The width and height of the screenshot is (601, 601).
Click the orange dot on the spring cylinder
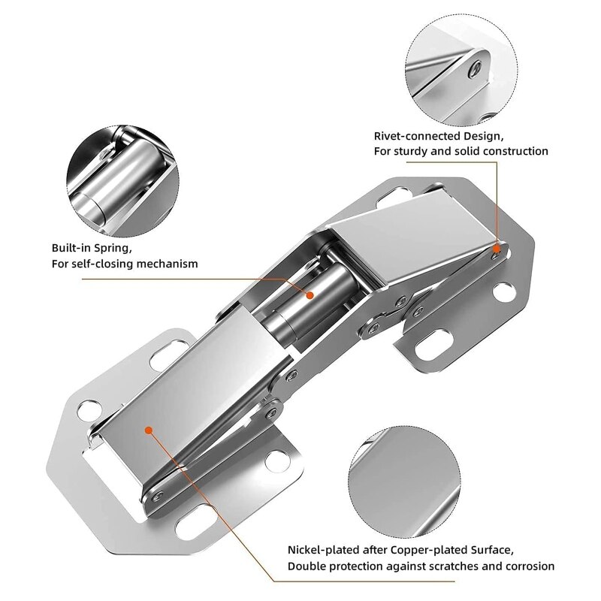coord(308,295)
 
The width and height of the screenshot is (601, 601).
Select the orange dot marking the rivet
coord(497,246)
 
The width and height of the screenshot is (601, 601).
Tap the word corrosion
coord(527,566)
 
